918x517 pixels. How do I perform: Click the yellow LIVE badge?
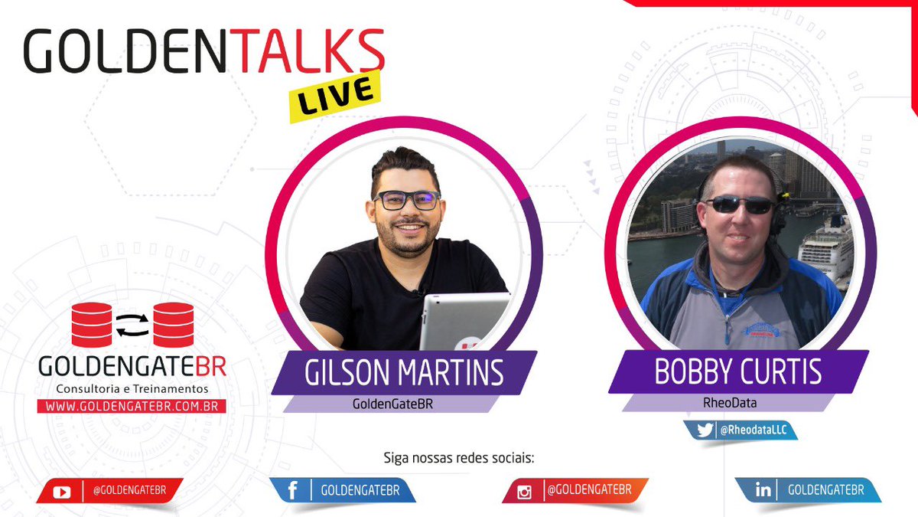click(335, 96)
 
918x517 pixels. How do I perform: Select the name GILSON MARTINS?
click(404, 373)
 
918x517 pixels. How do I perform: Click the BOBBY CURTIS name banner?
click(737, 371)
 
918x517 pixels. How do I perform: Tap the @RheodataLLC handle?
click(754, 431)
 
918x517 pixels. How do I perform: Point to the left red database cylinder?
click(91, 324)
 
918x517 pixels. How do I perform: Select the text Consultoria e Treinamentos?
click(132, 389)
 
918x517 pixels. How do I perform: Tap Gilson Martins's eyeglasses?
click(406, 200)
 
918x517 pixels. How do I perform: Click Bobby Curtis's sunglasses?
click(739, 205)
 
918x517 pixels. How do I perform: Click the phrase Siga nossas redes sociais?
click(458, 460)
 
